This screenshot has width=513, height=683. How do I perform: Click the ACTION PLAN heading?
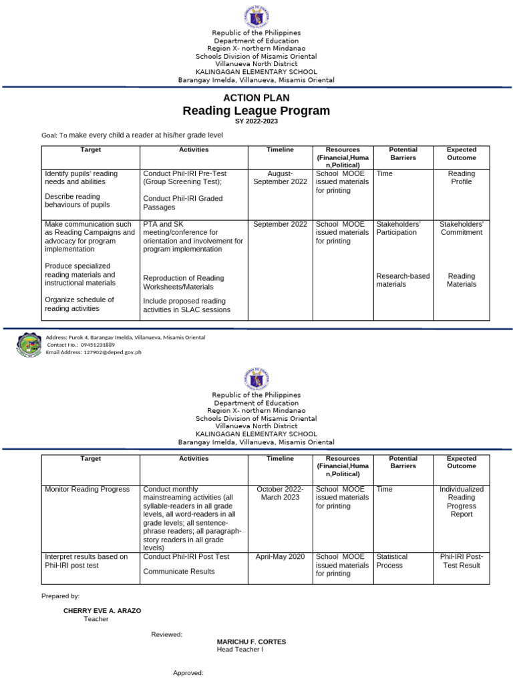tap(256, 98)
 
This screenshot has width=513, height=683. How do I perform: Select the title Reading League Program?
tap(256, 111)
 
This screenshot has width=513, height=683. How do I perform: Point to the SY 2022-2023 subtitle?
tap(256, 121)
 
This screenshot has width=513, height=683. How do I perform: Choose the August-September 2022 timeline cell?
tap(280, 177)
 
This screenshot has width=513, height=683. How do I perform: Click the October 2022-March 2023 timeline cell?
tap(280, 493)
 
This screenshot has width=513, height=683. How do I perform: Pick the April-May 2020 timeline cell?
tap(280, 556)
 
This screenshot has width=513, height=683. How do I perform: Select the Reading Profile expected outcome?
tap(462, 177)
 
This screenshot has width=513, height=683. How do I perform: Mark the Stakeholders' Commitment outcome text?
tap(462, 228)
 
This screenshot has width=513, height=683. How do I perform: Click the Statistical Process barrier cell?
tap(391, 561)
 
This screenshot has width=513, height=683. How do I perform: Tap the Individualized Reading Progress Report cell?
tap(462, 502)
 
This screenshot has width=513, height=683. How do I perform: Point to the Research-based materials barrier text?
tap(403, 280)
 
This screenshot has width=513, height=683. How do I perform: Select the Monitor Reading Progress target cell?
tap(87, 489)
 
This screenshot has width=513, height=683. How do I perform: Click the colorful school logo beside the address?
tap(28, 344)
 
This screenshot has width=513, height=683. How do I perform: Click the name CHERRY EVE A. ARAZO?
tap(102, 610)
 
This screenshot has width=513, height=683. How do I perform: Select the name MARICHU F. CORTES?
tap(251, 642)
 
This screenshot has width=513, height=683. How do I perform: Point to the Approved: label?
tap(188, 673)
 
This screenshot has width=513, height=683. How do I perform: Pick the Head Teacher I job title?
tap(240, 650)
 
